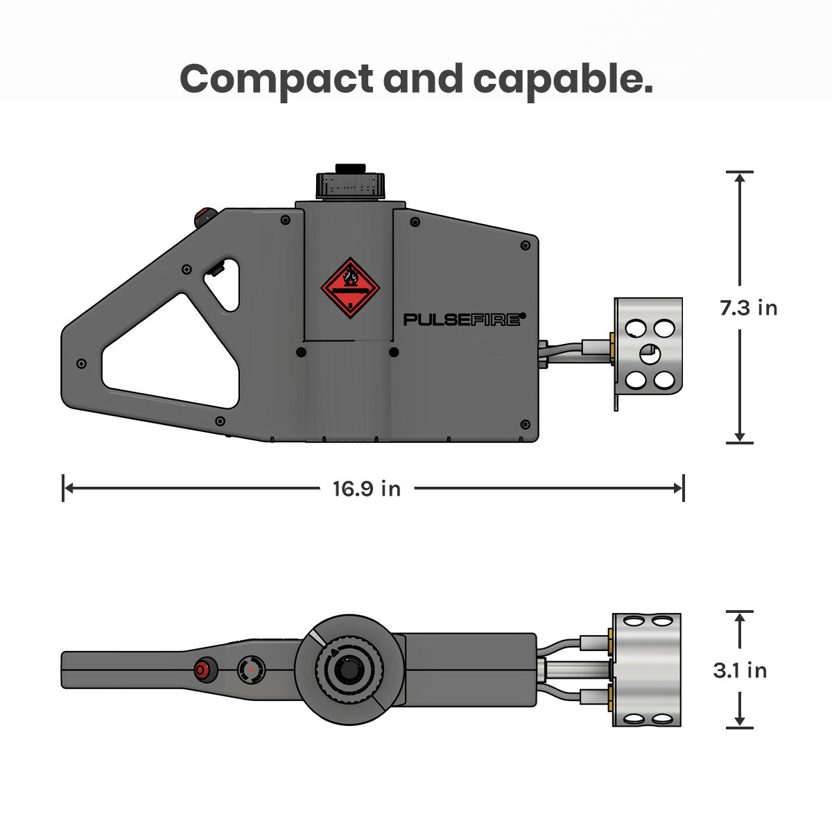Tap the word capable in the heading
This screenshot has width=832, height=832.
(562, 79)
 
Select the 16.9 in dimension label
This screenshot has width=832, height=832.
(366, 489)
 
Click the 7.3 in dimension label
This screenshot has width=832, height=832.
(748, 307)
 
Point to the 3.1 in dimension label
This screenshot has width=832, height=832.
(740, 670)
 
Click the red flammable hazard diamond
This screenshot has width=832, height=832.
(350, 288)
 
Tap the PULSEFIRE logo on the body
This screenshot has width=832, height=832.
(463, 319)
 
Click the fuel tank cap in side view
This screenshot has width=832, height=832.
(350, 183)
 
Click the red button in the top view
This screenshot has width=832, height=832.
(203, 670)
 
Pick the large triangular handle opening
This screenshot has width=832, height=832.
(170, 354)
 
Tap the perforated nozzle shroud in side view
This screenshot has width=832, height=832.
(648, 354)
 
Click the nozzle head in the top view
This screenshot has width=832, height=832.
(646, 670)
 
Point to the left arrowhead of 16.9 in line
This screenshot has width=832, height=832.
(67, 488)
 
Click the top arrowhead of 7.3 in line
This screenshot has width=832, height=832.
(740, 177)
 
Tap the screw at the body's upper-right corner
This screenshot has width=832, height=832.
(525, 245)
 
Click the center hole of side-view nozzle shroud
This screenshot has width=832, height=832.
(650, 354)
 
